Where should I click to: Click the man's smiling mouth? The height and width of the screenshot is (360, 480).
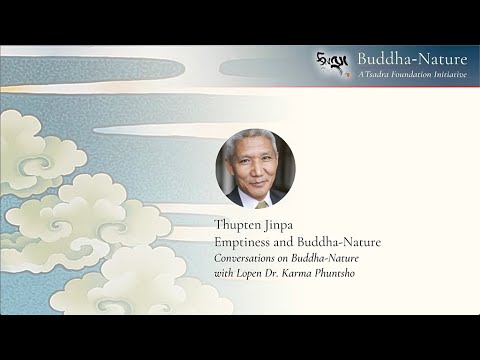(259, 181)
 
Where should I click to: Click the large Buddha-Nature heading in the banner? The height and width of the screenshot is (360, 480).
(411, 59)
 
